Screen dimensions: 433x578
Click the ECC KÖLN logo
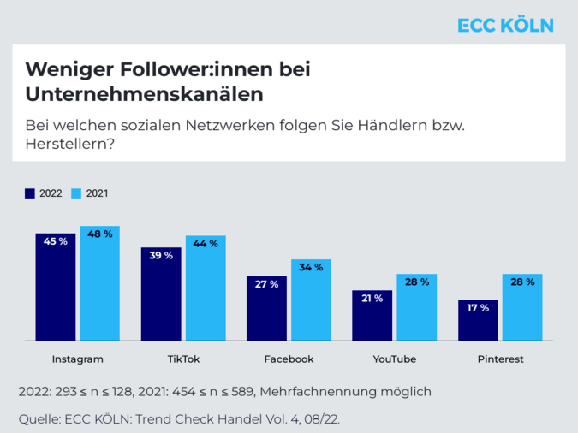coord(505,25)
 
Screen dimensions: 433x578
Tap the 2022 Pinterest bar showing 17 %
coord(478,321)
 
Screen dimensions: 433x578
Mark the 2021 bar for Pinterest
coord(522,308)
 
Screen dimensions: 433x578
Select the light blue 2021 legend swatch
coord(76,193)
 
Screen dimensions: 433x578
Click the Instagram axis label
coord(77,359)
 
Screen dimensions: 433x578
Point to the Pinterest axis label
coord(500,359)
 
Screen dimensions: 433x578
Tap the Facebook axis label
coord(289,359)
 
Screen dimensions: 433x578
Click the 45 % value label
coord(56,241)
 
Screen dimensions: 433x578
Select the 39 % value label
coord(161,256)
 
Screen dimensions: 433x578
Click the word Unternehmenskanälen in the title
coord(144,92)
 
